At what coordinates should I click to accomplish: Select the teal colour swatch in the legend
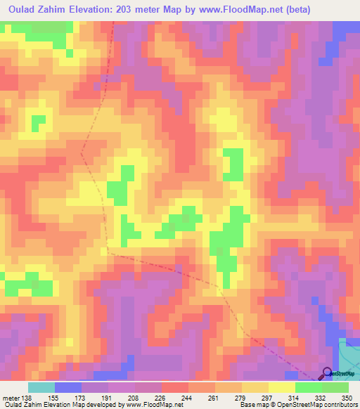[x=41, y=387]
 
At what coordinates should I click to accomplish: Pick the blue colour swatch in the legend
[x=68, y=387]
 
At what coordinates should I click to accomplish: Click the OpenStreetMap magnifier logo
[x=328, y=373]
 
